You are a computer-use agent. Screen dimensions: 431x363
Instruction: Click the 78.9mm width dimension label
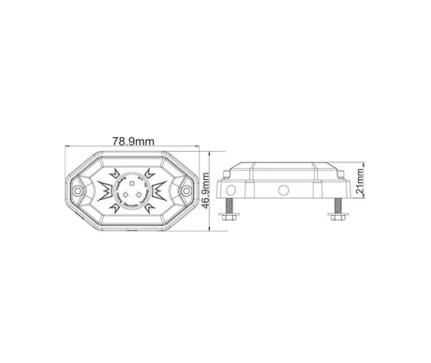133,142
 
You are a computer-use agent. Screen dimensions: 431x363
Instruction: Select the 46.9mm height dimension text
205,190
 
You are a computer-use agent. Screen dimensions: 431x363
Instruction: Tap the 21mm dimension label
360,180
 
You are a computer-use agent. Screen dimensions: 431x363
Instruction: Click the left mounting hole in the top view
77,190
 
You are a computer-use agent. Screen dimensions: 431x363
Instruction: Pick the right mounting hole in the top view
186,190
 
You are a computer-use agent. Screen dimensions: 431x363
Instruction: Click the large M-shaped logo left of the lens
104,190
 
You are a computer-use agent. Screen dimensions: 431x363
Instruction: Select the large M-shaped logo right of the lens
159,190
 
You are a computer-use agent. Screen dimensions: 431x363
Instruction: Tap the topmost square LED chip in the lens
132,183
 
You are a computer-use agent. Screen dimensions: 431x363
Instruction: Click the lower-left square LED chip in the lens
125,194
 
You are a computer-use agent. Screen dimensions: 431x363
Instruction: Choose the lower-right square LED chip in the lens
139,195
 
